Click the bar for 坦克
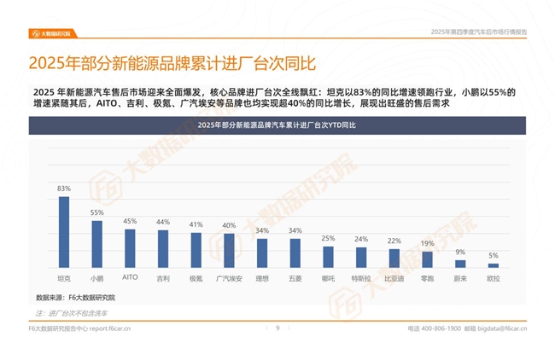pos(63,232)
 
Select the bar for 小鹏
pos(96,244)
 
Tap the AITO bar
pos(130,248)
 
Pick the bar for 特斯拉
pos(361,258)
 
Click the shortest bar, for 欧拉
pos(494,265)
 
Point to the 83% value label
pos(63,189)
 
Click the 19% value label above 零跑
pos(427,243)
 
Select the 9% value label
pos(460,252)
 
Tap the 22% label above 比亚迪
pos(394,241)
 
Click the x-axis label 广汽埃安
pos(229,278)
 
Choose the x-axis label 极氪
pos(196,278)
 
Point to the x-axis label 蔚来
pos(460,278)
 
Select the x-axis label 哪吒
pos(328,278)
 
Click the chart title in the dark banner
pos(277,125)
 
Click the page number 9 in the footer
pos(277,328)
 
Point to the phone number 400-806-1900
pos(441,328)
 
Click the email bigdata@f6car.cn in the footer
pos(504,328)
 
